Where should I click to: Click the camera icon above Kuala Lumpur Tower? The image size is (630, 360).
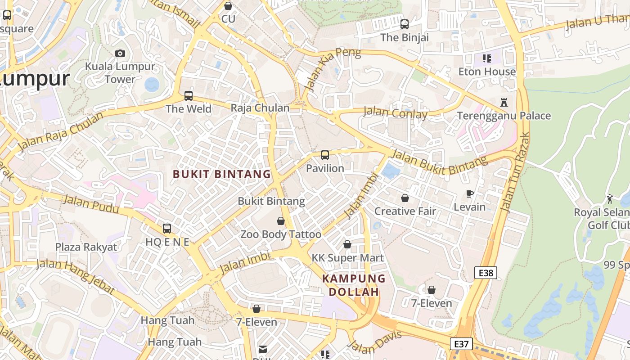[120, 53]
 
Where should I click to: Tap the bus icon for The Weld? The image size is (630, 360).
[189, 96]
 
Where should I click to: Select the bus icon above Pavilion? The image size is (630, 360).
[324, 155]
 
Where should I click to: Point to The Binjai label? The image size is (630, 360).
[405, 37]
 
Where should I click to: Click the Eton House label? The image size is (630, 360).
[487, 72]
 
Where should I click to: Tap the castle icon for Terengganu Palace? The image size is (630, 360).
[504, 103]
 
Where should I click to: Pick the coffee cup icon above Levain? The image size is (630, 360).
[470, 194]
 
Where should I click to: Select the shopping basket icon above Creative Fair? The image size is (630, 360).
[405, 198]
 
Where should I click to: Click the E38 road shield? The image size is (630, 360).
[486, 272]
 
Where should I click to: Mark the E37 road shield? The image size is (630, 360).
[461, 344]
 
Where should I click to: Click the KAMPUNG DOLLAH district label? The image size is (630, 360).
[354, 285]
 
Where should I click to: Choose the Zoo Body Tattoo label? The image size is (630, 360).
[281, 234]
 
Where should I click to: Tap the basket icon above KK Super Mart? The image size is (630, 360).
[347, 244]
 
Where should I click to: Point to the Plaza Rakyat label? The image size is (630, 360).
[86, 247]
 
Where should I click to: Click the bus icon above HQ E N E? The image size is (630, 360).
[167, 229]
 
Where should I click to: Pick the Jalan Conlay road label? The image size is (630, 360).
[395, 113]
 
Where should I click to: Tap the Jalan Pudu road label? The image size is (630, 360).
[91, 204]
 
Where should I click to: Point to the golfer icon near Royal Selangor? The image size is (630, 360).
[610, 199]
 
